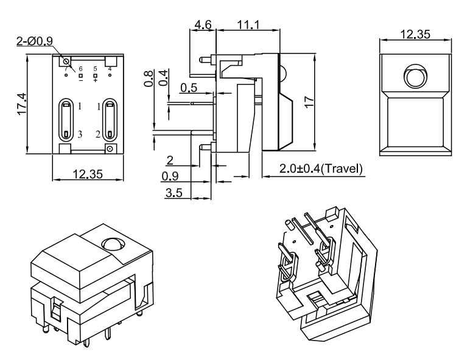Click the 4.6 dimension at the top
tap(203, 25)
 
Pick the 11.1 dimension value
tap(231, 25)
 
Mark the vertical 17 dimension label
tap(308, 102)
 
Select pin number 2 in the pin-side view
tap(97, 134)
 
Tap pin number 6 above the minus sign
tap(81, 69)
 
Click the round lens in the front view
tap(416, 77)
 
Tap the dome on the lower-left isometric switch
tap(113, 243)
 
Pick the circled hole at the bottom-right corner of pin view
tap(110, 148)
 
